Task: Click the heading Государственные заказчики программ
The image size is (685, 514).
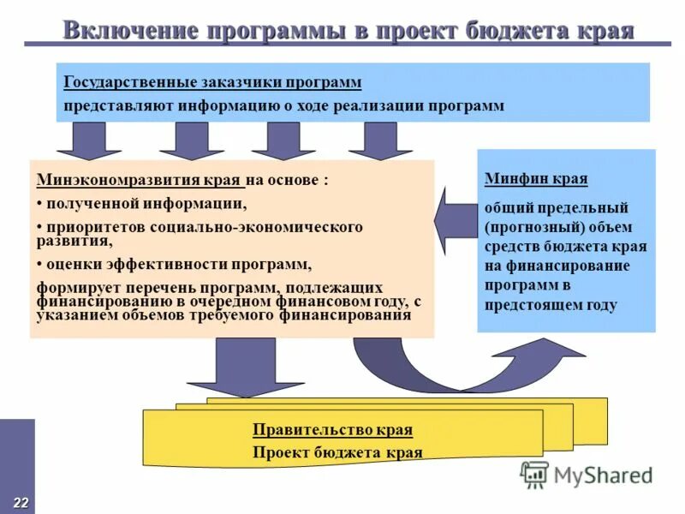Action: click(212, 82)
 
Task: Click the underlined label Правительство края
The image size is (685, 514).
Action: click(332, 430)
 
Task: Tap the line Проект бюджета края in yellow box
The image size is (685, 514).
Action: click(337, 452)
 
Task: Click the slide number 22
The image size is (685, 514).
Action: click(20, 501)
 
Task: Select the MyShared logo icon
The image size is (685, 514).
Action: click(534, 474)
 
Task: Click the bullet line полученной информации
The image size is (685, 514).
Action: click(145, 204)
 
